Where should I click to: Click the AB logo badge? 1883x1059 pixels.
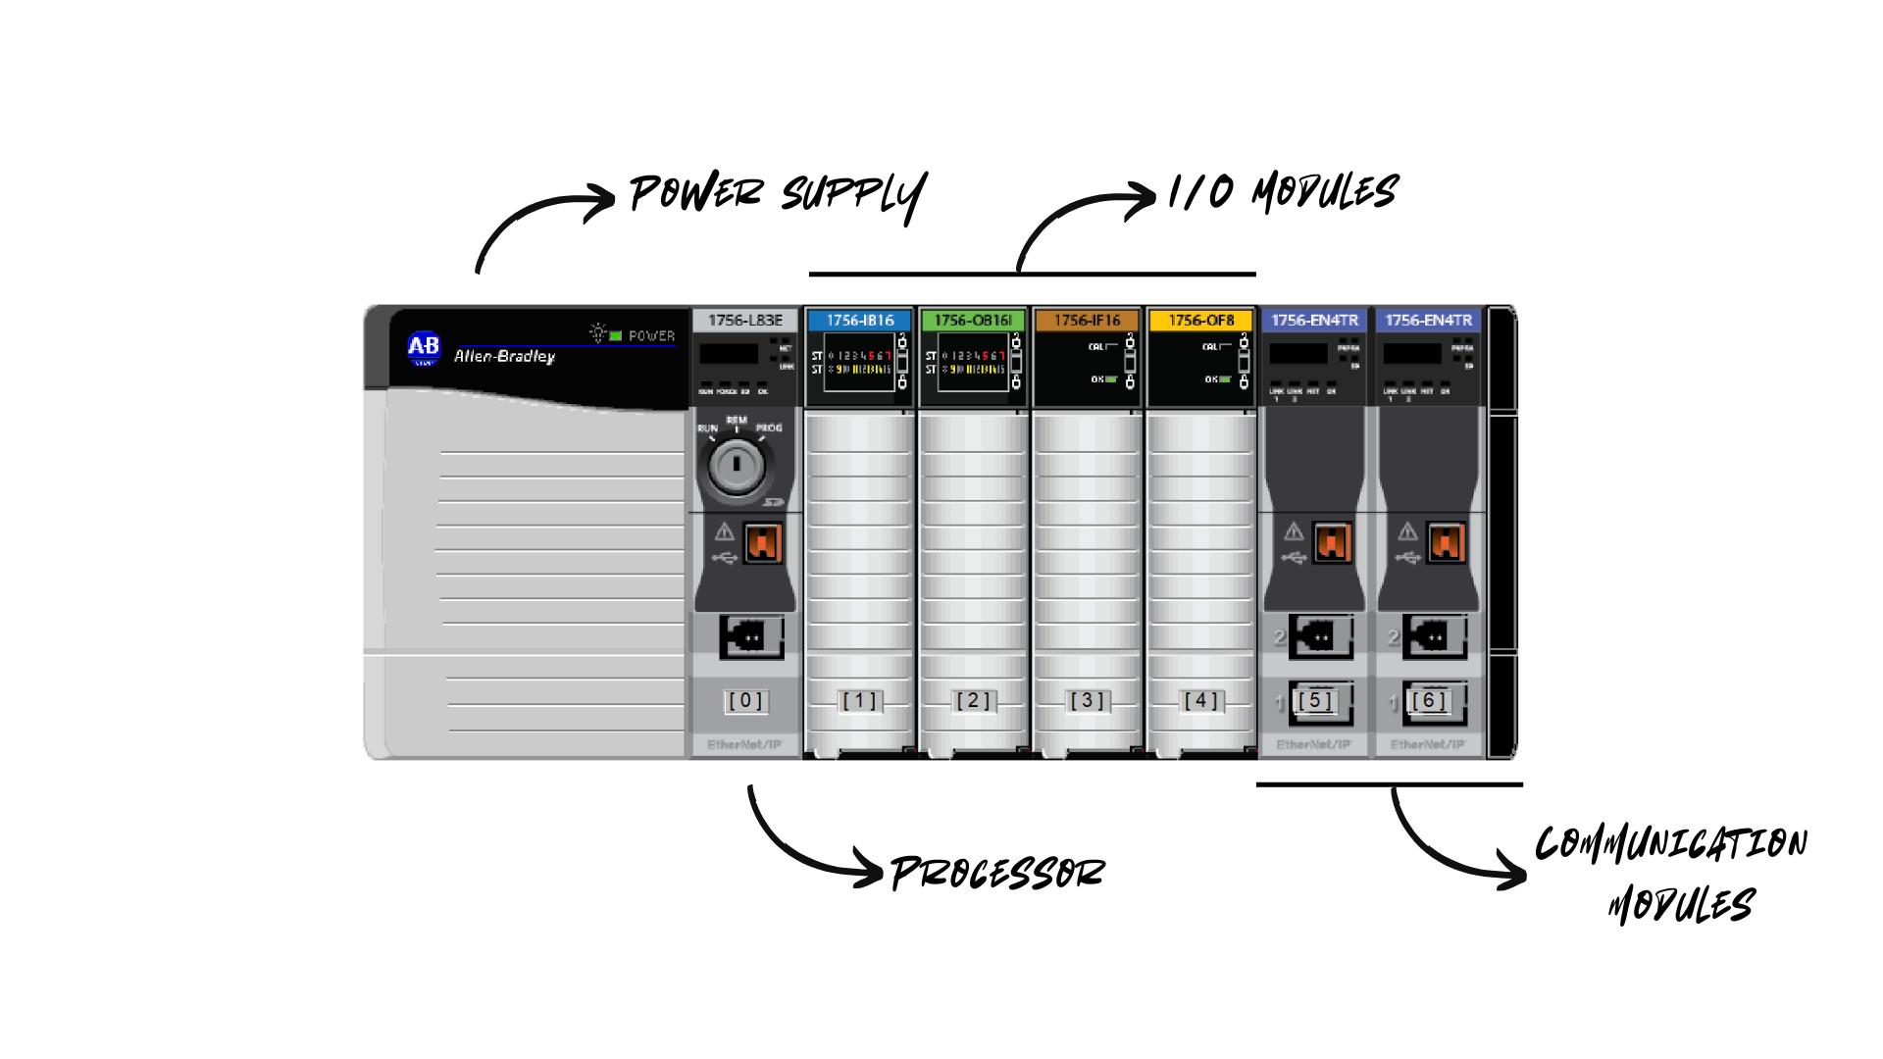pos(424,347)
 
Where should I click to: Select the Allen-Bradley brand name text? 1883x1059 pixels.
pos(504,356)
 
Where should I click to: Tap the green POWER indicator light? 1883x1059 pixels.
pos(616,336)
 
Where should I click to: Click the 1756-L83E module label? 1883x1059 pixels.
pos(745,321)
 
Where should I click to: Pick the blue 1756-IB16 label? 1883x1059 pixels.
pos(860,321)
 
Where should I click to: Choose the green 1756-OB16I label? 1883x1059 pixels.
pos(973,321)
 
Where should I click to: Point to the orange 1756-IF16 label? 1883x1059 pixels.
pos(1087,321)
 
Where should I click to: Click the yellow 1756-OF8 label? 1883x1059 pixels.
pos(1200,321)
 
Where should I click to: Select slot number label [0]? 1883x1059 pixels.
pos(745,701)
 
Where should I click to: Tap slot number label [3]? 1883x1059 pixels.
pos(1087,701)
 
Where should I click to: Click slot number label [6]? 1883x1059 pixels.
pos(1428,701)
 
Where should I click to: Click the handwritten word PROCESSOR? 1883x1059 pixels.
pos(997,873)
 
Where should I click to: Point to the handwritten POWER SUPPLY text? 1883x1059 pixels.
pos(777,193)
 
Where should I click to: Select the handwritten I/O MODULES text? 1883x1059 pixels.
pos(1283,191)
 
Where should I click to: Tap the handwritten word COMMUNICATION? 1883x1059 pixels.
pos(1670,844)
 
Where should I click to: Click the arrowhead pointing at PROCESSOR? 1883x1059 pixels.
pos(869,868)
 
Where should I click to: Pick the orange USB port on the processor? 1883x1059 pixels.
pos(762,542)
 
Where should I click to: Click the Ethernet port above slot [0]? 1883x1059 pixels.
pos(750,637)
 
